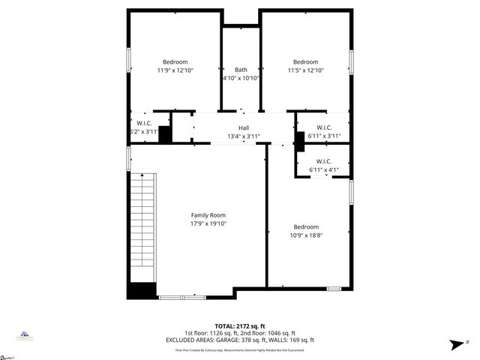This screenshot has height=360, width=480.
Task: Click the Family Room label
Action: coord(208,214)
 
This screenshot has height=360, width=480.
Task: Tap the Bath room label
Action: coord(241,69)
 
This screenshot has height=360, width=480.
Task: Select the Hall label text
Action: coord(244,127)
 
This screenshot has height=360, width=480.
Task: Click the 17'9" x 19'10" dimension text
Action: coord(208,223)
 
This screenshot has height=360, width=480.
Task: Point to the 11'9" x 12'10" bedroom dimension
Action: coord(175,70)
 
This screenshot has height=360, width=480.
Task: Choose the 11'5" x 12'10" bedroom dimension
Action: coord(305,70)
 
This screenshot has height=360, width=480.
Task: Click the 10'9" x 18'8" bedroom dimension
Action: coord(305,235)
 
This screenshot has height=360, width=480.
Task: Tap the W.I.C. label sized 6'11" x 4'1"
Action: coord(324,161)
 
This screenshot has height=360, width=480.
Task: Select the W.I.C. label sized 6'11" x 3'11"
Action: coord(324,127)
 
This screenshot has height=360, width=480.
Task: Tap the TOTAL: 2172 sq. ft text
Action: coord(240,326)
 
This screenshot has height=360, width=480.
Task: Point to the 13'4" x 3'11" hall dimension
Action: coord(244,136)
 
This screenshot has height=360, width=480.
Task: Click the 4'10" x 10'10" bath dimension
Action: coord(241,78)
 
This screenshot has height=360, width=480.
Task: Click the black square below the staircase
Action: coord(141,291)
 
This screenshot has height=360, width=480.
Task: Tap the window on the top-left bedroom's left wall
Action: coord(128,60)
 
